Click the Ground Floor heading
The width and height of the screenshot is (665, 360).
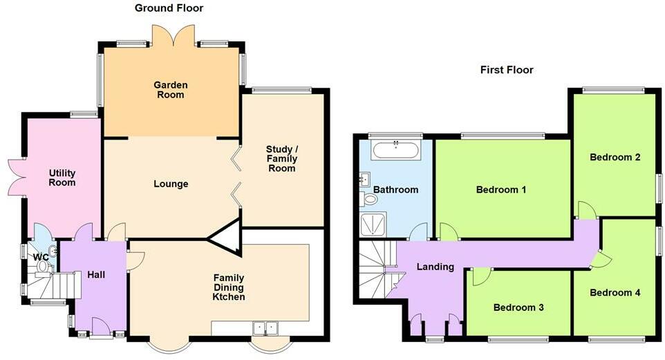169,8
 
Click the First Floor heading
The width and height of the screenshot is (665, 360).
507,70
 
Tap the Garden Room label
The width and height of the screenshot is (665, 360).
171,90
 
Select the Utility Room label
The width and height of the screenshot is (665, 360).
62,178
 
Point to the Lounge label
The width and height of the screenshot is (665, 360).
171,184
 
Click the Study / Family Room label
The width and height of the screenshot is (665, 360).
281,159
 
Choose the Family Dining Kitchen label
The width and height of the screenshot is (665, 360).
229,287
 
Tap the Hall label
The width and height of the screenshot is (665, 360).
96,275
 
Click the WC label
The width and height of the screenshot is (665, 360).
41,257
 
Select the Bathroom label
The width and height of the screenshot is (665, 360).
395,189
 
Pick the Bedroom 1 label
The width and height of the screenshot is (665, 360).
501,189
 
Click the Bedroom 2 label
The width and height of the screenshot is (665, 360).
615,158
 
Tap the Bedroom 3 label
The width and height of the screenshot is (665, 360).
518,307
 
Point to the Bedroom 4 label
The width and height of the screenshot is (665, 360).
615,292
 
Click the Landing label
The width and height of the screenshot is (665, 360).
435,267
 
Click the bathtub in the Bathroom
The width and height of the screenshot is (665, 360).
395,150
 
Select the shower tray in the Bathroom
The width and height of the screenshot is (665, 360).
373,225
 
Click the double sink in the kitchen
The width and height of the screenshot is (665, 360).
265,328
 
